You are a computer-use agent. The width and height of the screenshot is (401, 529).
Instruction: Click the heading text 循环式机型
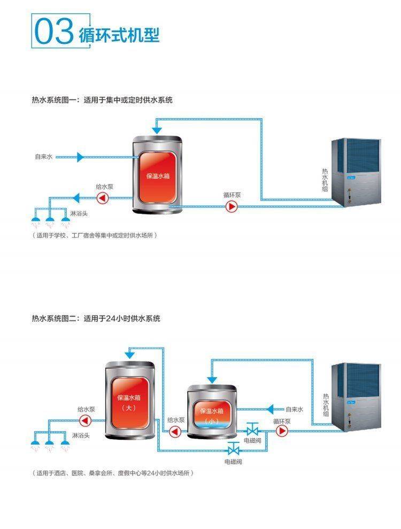click(119, 35)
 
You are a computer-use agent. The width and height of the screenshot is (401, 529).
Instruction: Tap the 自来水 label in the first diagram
click(44, 157)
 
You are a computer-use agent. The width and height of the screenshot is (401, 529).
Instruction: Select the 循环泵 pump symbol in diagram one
click(232, 206)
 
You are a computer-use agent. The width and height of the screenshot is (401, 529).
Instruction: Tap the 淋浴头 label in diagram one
click(78, 213)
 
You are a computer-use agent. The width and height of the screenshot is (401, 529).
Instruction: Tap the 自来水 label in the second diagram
click(294, 409)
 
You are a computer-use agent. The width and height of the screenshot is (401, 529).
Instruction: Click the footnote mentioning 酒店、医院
click(112, 473)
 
